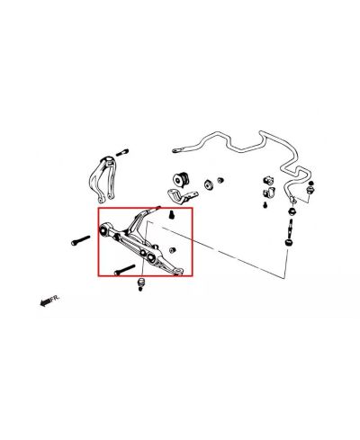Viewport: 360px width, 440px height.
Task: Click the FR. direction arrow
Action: coord(47,302)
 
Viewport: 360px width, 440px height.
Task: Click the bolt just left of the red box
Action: coord(78,240)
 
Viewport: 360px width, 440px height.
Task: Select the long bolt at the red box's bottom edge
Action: coord(124,269)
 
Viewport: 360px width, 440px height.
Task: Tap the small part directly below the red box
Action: coord(140,285)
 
